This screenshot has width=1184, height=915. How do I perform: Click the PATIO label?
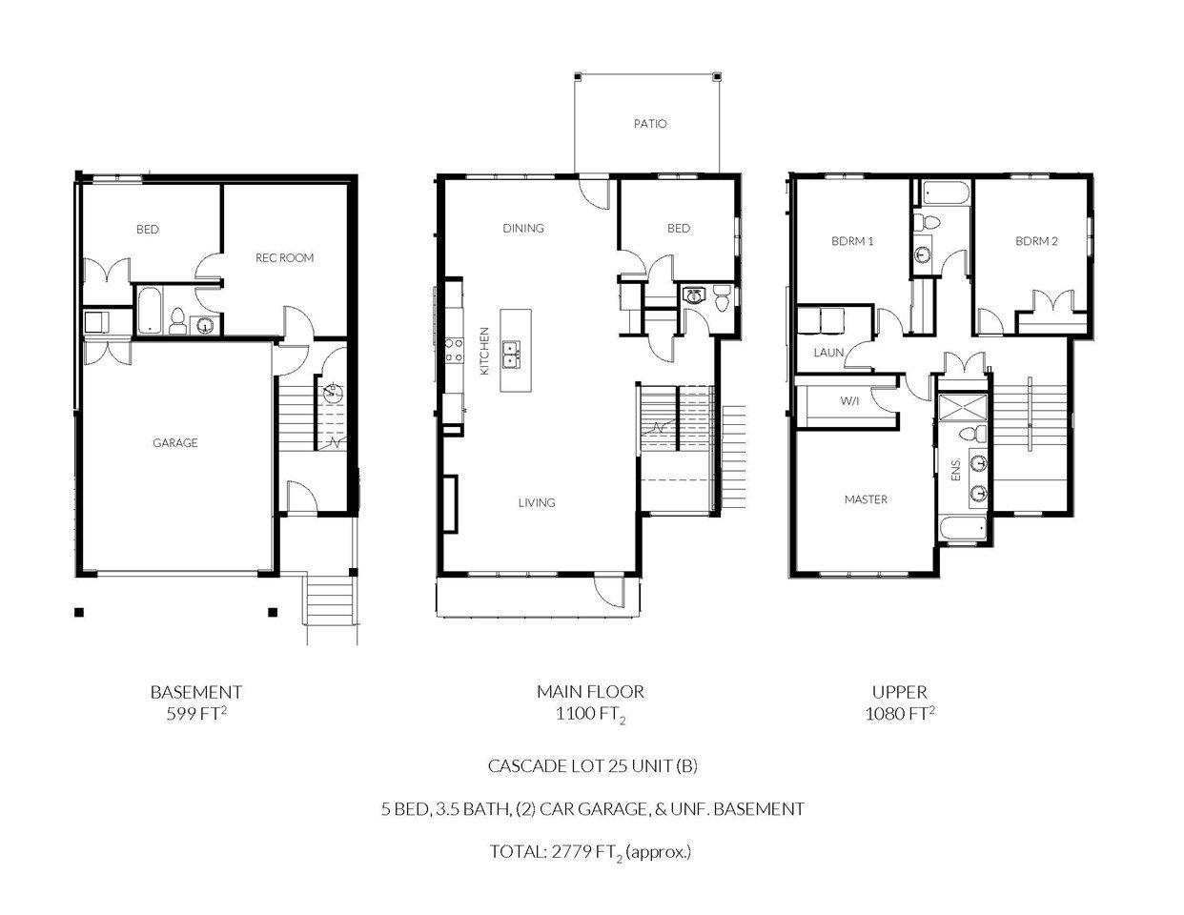650,124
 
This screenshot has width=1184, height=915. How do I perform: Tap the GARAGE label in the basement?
174,443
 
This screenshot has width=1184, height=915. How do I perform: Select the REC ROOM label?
284,257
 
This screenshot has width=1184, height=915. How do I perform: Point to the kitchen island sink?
511,355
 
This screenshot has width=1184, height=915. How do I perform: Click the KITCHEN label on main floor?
484,351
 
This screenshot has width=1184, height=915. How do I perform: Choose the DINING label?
523,228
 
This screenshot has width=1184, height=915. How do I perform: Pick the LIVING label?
537,502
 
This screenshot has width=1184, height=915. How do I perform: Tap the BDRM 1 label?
852,241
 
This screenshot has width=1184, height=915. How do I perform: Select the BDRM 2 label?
1036,241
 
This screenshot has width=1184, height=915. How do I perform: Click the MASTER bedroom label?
866,499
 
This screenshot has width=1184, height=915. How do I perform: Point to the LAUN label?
828,353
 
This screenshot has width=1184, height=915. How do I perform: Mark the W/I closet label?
849,401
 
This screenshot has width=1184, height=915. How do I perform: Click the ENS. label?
956,469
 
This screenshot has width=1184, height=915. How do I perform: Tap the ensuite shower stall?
962,407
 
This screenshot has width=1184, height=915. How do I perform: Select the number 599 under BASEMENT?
181,714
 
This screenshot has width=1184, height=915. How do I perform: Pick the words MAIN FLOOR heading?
591,692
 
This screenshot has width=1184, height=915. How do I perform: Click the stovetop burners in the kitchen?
455,350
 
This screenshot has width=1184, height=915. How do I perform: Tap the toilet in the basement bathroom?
177,321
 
